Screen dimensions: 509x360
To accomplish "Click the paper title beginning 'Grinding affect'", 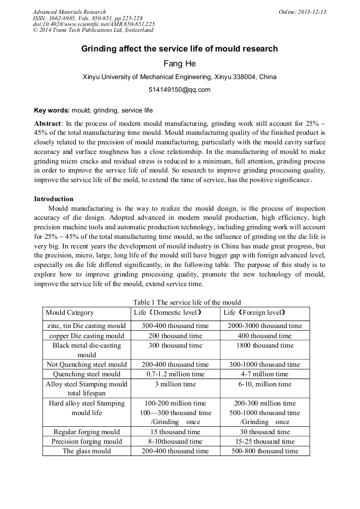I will (179, 49).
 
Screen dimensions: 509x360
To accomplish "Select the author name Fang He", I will (179, 64).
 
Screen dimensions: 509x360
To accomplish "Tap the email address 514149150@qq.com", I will (179, 90).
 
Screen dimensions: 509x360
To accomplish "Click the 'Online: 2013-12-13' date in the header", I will (303, 12).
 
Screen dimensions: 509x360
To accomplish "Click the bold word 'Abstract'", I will (48, 123).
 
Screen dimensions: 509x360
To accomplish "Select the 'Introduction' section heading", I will (54, 199).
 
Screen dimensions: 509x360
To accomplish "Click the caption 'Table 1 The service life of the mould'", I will (179, 302).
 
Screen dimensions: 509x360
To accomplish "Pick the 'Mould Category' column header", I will (70, 313).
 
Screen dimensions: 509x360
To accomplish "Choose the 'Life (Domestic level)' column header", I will (168, 313).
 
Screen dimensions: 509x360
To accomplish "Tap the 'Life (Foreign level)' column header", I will (255, 313).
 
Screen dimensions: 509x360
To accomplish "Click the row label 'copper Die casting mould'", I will (87, 336).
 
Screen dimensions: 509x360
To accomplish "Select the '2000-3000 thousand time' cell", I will (264, 326).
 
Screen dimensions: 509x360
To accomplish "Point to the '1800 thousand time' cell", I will (264, 346).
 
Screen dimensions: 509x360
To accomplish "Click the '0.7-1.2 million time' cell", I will (175, 374).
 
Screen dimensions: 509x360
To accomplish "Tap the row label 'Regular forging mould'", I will (87, 432).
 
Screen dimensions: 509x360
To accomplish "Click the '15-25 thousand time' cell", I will (264, 442).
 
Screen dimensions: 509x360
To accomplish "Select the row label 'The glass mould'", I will (87, 451).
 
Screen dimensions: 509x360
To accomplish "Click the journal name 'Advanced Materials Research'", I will (70, 12).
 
